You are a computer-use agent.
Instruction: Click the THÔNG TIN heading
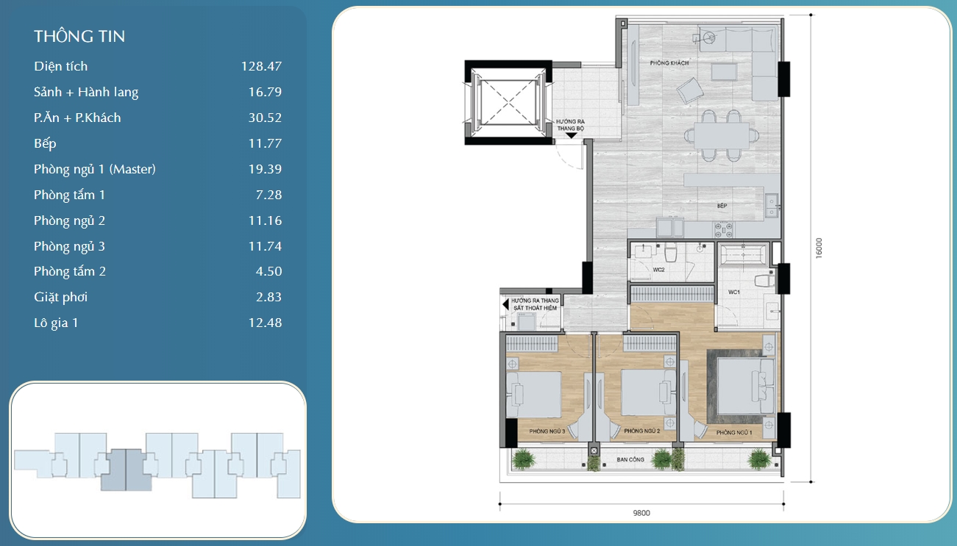coord(79,37)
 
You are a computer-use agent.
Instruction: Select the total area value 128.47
coord(261,66)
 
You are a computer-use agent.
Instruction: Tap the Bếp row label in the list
coord(45,143)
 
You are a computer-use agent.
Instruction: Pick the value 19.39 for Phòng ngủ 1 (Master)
coord(265,169)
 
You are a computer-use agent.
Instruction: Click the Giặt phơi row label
coord(60,297)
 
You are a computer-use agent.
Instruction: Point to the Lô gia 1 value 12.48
coord(265,323)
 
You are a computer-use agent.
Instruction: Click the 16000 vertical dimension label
coord(819,248)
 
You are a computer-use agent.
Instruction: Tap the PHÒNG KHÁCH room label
coord(669,63)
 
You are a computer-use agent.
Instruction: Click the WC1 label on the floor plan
coord(733,292)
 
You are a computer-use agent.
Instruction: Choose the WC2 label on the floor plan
coord(658,269)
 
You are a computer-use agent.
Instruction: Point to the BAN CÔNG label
coord(630,459)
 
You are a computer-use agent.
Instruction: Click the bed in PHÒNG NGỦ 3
coord(536,394)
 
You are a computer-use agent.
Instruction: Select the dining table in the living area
coord(719,135)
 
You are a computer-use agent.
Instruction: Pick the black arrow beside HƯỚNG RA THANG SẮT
coord(505,303)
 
